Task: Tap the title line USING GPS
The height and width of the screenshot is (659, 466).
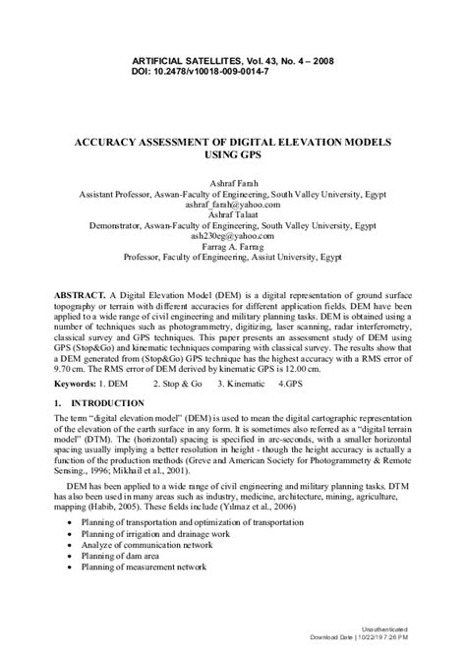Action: coord(232,156)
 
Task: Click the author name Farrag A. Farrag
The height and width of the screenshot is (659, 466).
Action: coord(233,247)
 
